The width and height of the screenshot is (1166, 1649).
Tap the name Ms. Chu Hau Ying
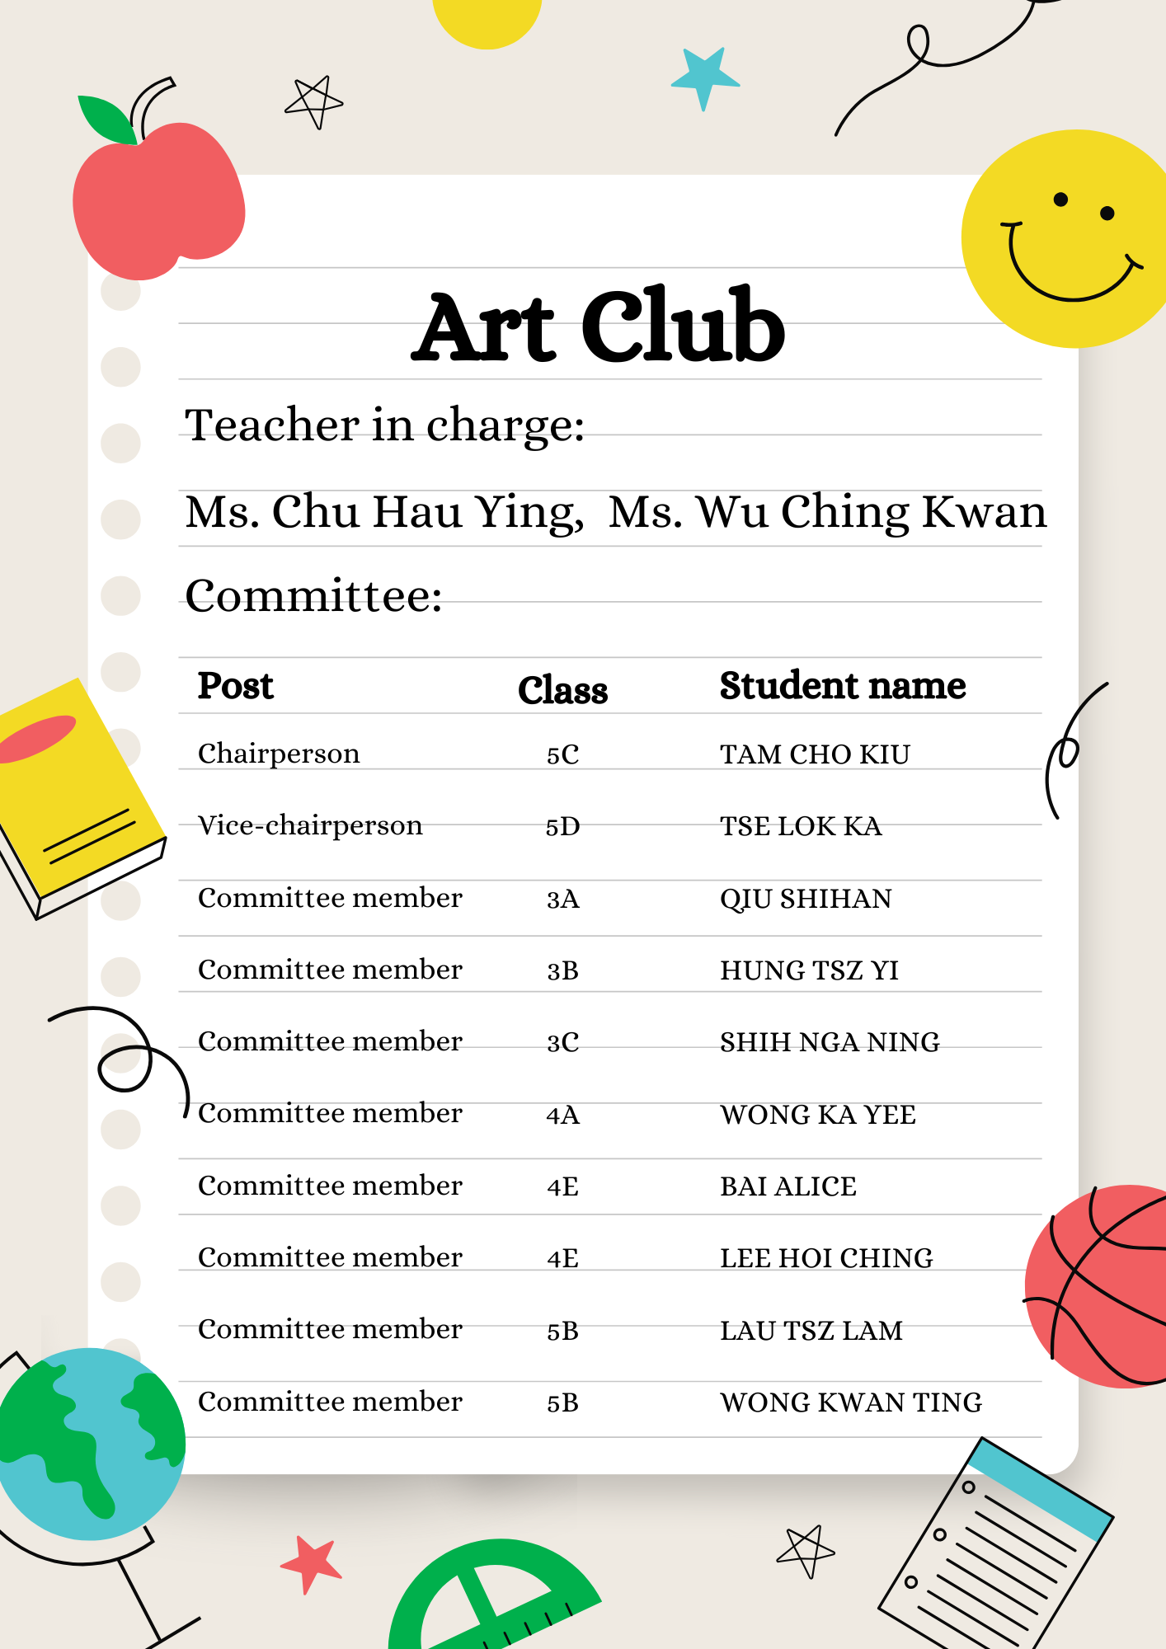click(x=384, y=513)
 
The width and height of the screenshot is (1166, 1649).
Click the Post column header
click(x=235, y=686)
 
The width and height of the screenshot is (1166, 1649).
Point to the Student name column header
click(x=842, y=686)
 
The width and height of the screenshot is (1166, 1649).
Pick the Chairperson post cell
click(x=279, y=754)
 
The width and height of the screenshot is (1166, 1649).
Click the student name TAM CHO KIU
click(x=815, y=754)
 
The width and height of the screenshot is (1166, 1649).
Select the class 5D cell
click(x=562, y=826)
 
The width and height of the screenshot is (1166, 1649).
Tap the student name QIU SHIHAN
click(x=806, y=899)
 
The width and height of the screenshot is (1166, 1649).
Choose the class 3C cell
click(x=562, y=1043)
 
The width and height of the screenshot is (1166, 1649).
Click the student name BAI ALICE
click(x=788, y=1186)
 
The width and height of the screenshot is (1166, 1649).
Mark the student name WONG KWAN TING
click(x=851, y=1402)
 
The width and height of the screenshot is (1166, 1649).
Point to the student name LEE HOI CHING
click(x=826, y=1258)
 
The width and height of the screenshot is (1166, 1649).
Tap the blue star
click(x=704, y=78)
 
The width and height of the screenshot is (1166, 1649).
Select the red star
click(x=312, y=1562)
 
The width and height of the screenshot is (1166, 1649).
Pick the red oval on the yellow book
click(x=37, y=738)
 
